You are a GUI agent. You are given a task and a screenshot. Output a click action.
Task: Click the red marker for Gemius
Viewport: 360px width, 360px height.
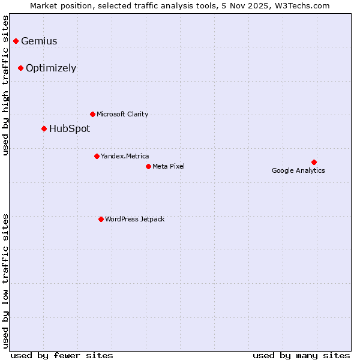(x=16, y=41)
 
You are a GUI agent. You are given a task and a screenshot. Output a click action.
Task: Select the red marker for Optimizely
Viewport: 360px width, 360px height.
(x=20, y=68)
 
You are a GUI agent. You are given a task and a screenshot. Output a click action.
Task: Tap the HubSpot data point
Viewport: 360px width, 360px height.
(x=44, y=128)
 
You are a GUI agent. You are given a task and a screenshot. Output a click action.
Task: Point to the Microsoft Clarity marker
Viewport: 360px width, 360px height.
(x=92, y=114)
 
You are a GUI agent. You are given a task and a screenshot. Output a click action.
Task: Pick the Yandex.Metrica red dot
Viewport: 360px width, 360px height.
(x=97, y=156)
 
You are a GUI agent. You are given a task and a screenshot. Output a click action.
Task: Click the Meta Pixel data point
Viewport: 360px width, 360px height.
(x=148, y=166)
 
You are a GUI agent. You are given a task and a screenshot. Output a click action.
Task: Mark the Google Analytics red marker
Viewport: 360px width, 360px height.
(x=314, y=162)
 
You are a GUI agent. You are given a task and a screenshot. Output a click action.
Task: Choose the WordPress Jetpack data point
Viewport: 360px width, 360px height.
(x=101, y=219)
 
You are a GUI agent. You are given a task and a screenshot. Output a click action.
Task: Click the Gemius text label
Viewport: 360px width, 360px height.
(x=39, y=41)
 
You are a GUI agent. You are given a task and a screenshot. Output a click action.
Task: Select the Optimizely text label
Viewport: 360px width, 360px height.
(x=51, y=68)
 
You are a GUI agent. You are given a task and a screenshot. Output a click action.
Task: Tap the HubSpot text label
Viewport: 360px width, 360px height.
(x=70, y=129)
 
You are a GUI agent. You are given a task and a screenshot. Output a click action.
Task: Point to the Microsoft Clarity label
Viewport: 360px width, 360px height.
(x=122, y=115)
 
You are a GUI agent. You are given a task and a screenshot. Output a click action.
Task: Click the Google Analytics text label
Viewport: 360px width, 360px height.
(x=298, y=171)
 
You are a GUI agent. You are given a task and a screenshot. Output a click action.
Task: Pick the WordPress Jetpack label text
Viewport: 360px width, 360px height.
(x=134, y=220)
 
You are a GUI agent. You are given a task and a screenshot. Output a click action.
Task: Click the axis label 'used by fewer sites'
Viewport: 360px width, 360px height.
(x=62, y=355)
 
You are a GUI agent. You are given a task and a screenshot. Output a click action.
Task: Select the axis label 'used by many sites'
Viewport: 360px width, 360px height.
(x=301, y=355)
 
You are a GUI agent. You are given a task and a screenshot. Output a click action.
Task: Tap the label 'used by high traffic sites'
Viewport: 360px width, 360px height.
(x=6, y=85)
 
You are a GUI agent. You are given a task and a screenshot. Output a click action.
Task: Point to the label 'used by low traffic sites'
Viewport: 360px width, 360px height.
(x=6, y=281)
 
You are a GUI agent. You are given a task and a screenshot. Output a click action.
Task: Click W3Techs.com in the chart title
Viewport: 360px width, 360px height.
(x=304, y=5)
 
